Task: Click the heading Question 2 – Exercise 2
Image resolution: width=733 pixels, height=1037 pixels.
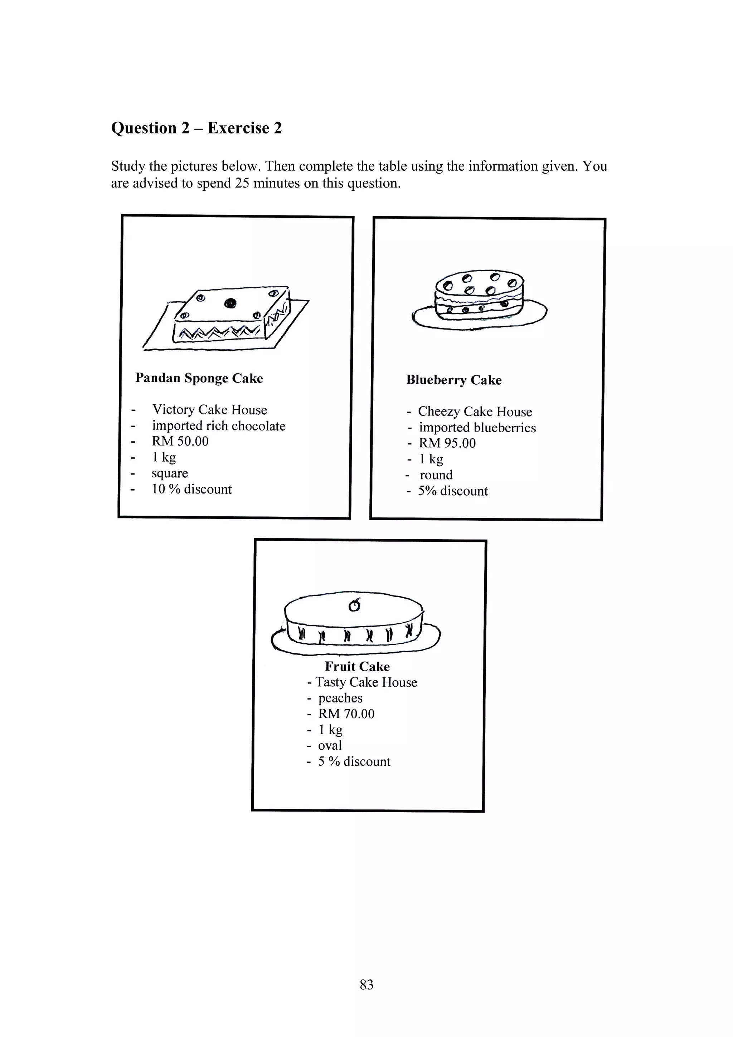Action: [x=196, y=128]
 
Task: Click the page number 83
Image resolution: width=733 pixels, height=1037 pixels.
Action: [x=366, y=984]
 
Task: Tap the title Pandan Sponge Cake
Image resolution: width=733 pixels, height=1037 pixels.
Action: [x=199, y=378]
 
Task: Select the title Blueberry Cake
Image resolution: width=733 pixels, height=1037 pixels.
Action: [x=453, y=380]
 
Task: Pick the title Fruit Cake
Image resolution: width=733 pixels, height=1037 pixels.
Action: [x=357, y=666]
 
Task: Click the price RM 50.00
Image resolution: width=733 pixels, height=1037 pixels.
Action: [x=180, y=441]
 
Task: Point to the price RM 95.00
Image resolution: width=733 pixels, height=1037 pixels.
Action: [x=447, y=443]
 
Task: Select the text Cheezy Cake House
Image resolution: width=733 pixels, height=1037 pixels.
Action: [x=475, y=412]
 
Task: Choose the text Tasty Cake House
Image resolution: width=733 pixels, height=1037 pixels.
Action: [x=366, y=682]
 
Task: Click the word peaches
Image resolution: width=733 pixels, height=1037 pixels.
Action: [x=340, y=698]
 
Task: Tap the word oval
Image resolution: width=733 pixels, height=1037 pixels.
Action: [x=330, y=745]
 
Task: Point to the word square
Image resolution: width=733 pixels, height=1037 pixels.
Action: [x=169, y=473]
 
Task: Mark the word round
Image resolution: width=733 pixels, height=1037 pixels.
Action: [x=436, y=475]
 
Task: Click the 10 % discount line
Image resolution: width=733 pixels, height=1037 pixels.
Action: [x=191, y=489]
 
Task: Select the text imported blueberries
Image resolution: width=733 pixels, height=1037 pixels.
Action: [x=477, y=427]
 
